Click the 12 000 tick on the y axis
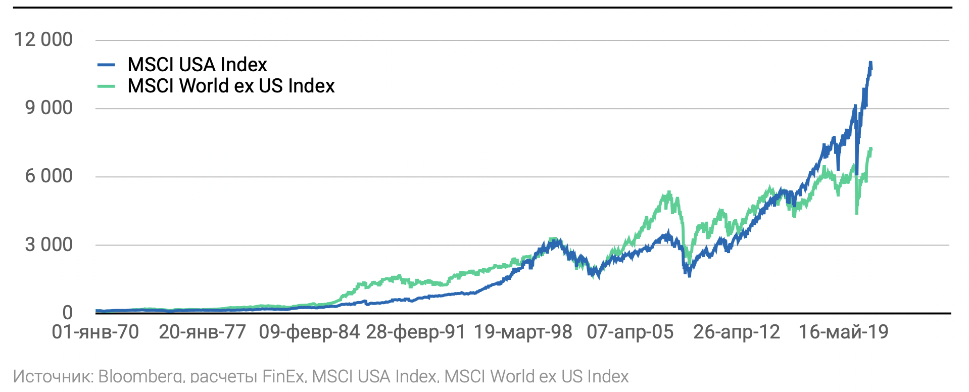(x=43, y=39)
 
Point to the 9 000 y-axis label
(x=49, y=108)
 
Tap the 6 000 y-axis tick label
(x=49, y=176)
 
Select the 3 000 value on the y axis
(x=49, y=244)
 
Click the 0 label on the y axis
(x=67, y=313)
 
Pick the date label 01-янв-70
(x=95, y=332)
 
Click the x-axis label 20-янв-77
(x=202, y=332)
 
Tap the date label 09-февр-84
(x=309, y=332)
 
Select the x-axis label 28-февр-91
(x=415, y=332)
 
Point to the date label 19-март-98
(x=522, y=332)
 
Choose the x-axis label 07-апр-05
(x=630, y=332)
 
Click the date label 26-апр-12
(x=737, y=332)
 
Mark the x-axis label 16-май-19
(x=843, y=332)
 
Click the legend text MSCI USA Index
(x=197, y=65)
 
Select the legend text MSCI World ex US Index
(x=231, y=86)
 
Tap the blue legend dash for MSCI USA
(x=106, y=65)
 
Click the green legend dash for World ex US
(x=106, y=86)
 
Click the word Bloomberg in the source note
(x=140, y=376)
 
